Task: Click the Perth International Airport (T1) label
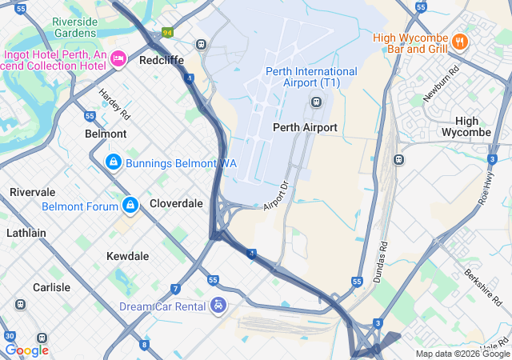point(311,77)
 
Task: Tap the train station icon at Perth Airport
point(317,102)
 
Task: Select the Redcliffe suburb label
point(162,60)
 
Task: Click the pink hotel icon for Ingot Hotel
point(118,57)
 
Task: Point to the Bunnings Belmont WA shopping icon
point(114,163)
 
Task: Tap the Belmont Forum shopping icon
point(130,206)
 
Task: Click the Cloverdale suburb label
point(176,203)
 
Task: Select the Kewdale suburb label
point(128,256)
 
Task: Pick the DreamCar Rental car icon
point(218,306)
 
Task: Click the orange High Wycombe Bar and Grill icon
point(459,41)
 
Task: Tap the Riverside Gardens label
point(74,27)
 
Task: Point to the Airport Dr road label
point(275,196)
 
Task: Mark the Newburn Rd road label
point(442,82)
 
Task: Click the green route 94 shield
point(167,33)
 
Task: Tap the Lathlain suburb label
point(26,233)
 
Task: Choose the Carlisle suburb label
point(51,287)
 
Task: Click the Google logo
point(26,350)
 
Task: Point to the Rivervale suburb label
point(32,192)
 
